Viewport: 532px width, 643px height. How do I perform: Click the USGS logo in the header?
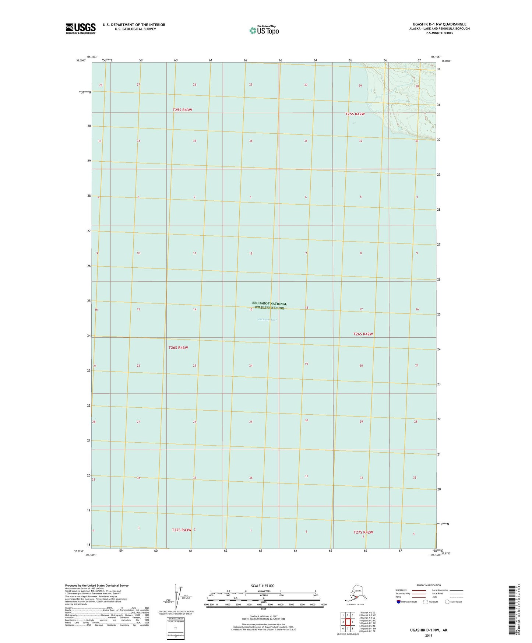pyautogui.click(x=80, y=28)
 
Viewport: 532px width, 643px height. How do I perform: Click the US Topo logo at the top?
pyautogui.click(x=264, y=30)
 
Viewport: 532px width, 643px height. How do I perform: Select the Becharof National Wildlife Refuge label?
pyautogui.click(x=269, y=306)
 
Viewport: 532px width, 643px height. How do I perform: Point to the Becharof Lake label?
pyautogui.click(x=267, y=320)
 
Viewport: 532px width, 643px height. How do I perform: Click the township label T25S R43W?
pyautogui.click(x=182, y=110)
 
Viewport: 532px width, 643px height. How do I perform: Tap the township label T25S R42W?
pyautogui.click(x=355, y=114)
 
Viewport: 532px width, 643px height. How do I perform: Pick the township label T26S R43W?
pyautogui.click(x=178, y=348)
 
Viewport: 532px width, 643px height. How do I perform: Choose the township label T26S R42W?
pyautogui.click(x=363, y=334)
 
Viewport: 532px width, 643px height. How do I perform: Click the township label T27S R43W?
pyautogui.click(x=182, y=530)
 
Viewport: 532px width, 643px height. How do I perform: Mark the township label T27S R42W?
pyautogui.click(x=363, y=532)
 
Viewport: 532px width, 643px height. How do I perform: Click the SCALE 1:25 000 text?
pyautogui.click(x=263, y=586)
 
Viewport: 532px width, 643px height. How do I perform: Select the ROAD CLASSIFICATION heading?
pyautogui.click(x=429, y=585)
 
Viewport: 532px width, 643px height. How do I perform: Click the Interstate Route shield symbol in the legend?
pyautogui.click(x=398, y=602)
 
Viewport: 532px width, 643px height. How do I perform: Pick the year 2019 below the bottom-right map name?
pyautogui.click(x=428, y=635)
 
